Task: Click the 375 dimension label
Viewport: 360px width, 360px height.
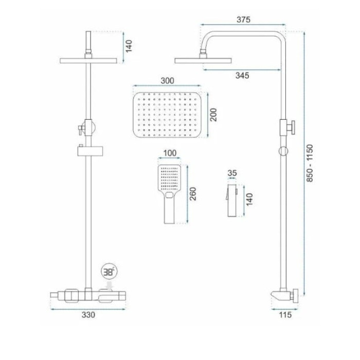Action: [x=243, y=20]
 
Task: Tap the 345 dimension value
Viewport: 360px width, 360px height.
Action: [x=242, y=75]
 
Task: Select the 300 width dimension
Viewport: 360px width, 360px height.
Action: [x=167, y=81]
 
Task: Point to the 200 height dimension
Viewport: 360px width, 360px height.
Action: [x=213, y=115]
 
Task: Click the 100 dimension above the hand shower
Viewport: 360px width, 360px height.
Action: [x=170, y=153]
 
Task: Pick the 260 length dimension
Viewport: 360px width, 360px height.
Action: [x=193, y=194]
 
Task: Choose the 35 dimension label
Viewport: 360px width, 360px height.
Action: [x=232, y=173]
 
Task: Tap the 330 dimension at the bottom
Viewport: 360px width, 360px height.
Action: [x=88, y=315]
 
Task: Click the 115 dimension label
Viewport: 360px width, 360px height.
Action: [x=285, y=315]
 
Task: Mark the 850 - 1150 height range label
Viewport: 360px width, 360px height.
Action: [x=310, y=163]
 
